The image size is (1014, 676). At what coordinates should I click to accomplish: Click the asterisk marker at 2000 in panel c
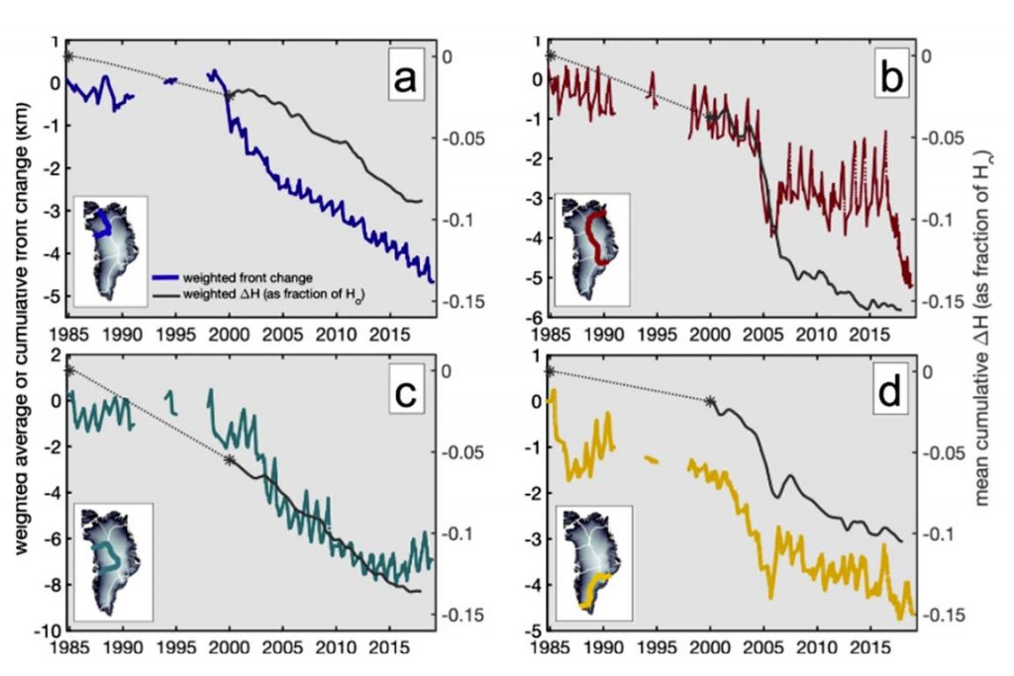click(x=230, y=459)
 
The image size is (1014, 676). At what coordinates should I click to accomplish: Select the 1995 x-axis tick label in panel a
click(x=175, y=334)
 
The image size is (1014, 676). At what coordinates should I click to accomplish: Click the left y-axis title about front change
click(x=20, y=337)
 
